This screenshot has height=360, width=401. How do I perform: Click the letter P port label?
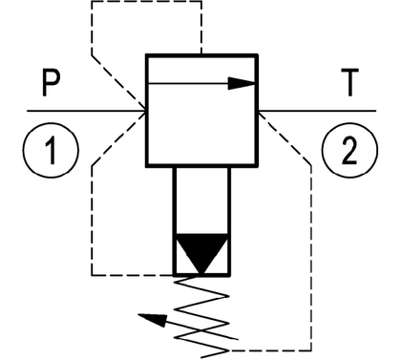[x=51, y=83]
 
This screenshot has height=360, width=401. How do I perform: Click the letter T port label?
[x=349, y=82]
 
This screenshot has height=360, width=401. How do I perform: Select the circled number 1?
[x=51, y=150]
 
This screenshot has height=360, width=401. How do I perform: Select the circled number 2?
[x=349, y=150]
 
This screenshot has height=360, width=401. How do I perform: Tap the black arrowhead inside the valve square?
[x=242, y=83]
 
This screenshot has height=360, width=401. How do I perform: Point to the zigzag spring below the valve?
[x=201, y=316]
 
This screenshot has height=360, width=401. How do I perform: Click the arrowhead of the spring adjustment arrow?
[x=153, y=320]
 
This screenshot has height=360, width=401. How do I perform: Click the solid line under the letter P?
[x=87, y=111]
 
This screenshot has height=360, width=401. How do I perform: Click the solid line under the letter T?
[x=317, y=111]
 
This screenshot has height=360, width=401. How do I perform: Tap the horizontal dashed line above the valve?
[x=146, y=1]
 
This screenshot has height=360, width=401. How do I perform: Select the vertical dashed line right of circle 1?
[x=93, y=220]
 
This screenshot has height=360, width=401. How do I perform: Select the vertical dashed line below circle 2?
[x=311, y=258]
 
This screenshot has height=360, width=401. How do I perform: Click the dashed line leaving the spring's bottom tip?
[x=270, y=350]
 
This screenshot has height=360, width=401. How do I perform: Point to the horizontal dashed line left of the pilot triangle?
[x=133, y=274]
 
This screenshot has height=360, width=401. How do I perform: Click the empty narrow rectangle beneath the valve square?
[x=201, y=201]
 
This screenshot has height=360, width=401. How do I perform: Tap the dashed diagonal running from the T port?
[x=285, y=138]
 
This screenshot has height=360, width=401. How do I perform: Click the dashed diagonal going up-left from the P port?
[x=119, y=83]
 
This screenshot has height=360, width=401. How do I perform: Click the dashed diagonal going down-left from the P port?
[x=119, y=138]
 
